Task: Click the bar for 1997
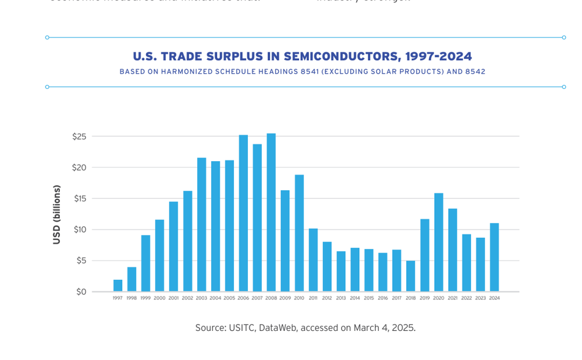pos(118,286)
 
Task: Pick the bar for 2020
pos(438,242)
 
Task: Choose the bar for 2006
pos(243,213)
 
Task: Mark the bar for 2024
pos(494,257)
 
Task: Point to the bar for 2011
pos(313,260)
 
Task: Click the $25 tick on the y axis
pos(80,137)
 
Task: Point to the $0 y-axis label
pos(81,291)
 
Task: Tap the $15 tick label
pos(80,198)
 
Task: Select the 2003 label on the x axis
pos(201,298)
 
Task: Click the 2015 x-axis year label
pos(369,298)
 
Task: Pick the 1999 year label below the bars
pos(145,298)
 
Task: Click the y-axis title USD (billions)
pos(56,215)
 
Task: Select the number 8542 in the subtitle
pos(474,72)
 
